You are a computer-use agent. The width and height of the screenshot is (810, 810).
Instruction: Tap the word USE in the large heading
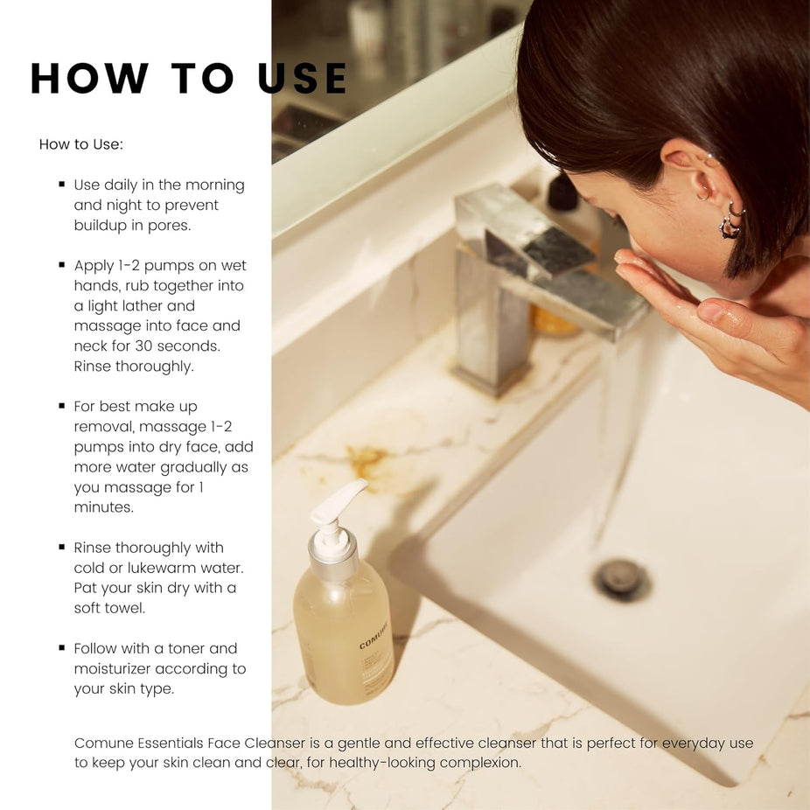pos(302,78)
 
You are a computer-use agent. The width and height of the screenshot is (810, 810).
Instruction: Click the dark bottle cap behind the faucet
pos(562,192)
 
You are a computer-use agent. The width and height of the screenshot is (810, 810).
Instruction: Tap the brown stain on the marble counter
pos(366,460)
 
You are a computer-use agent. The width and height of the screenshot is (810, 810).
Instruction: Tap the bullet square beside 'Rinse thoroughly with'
pos(62,547)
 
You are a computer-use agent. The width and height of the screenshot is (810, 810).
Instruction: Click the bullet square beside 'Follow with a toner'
pos(62,647)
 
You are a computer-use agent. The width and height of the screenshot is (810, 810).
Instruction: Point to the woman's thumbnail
pos(711,312)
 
